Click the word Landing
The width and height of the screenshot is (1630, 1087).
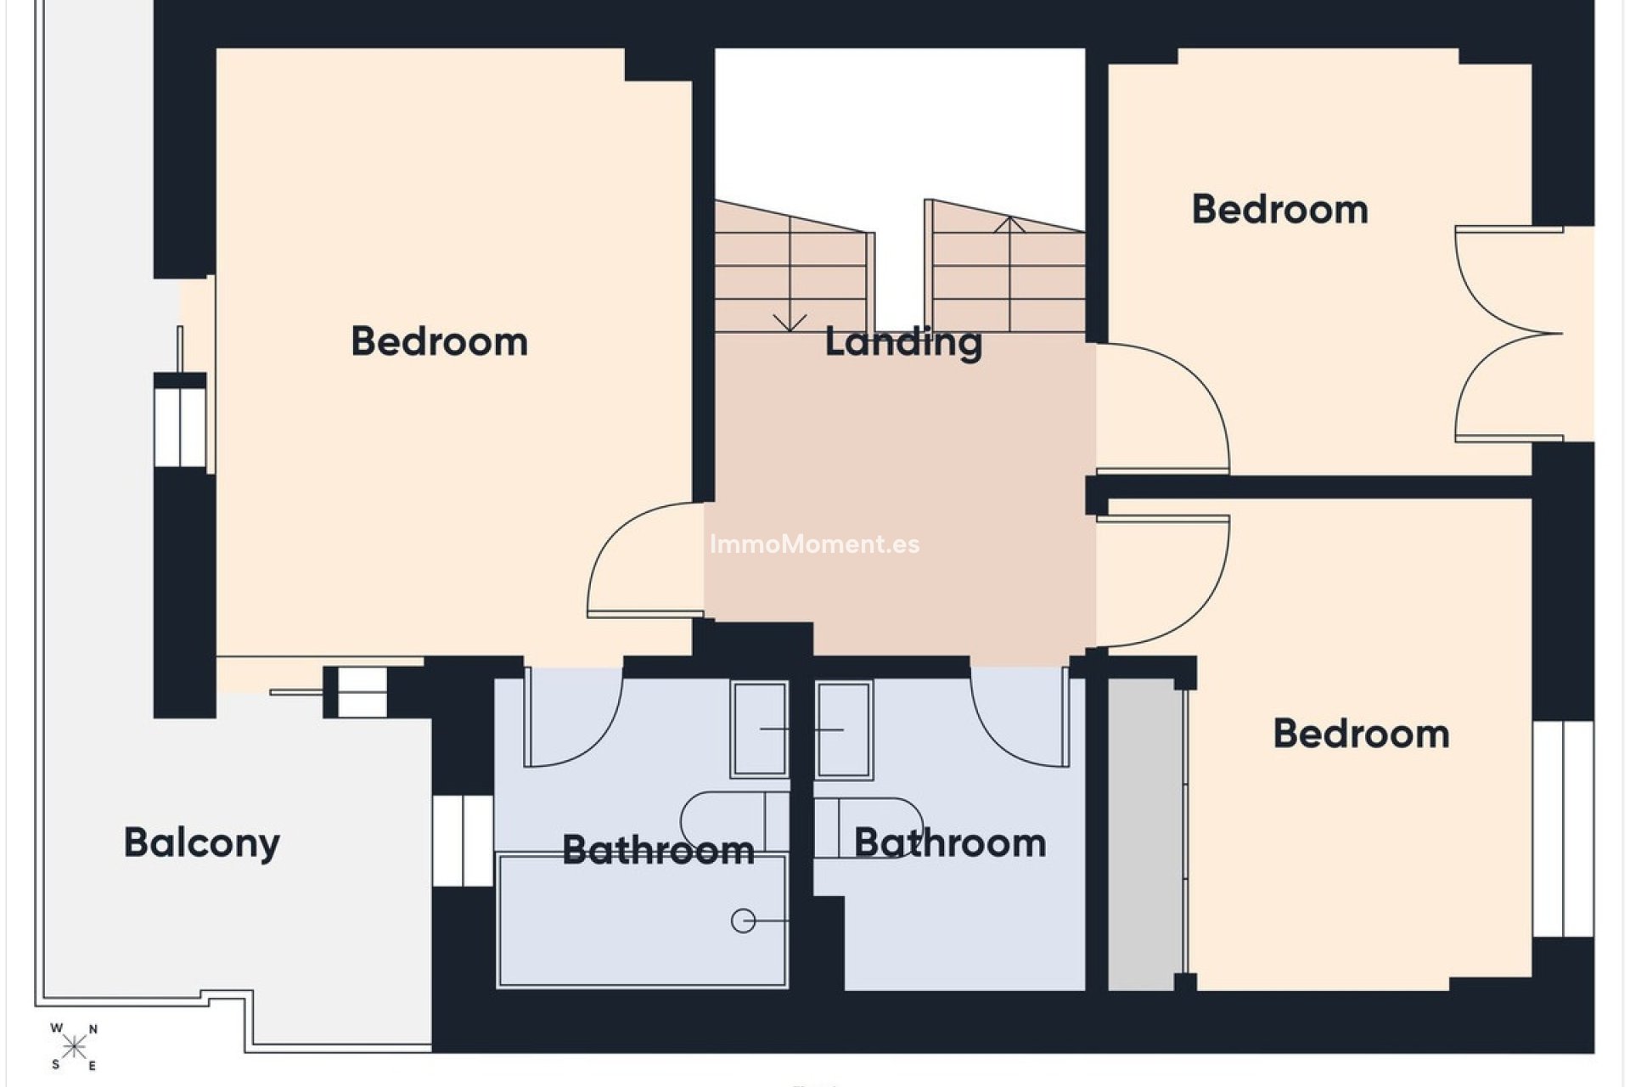click(903, 343)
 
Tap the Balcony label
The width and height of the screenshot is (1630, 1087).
click(202, 843)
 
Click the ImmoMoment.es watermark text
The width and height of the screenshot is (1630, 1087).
click(814, 544)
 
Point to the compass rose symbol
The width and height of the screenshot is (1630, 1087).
click(74, 1046)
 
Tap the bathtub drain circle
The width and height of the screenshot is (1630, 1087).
click(744, 921)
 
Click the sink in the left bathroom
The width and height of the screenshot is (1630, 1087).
click(760, 729)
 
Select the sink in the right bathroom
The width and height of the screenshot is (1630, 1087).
click(845, 729)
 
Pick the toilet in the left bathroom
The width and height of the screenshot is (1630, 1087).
click(735, 822)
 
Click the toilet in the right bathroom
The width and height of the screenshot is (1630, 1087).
click(869, 827)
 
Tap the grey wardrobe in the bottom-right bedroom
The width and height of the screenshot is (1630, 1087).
click(1146, 834)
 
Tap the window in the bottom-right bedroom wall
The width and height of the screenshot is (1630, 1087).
click(1564, 829)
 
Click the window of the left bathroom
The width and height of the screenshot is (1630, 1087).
click(463, 841)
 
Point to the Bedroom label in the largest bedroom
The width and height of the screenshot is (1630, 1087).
click(440, 341)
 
